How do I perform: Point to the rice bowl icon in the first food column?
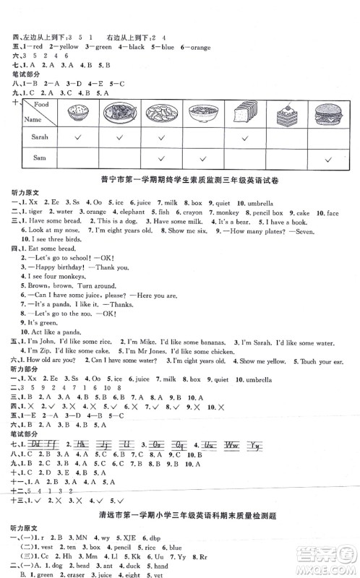click(x=77, y=114)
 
